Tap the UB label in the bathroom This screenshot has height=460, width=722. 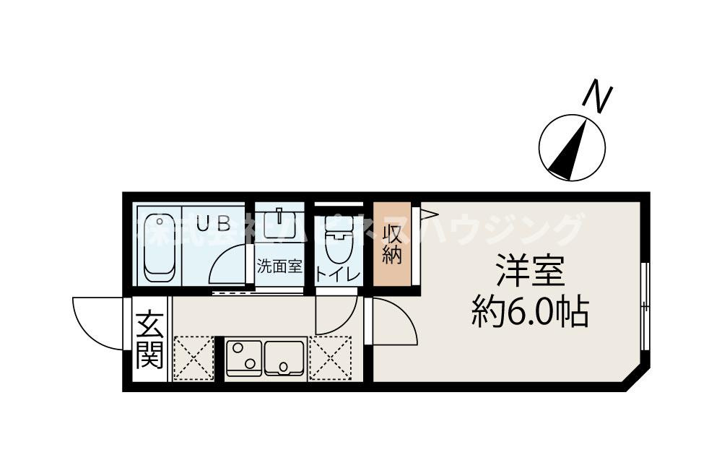214,223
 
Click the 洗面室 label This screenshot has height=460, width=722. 279,266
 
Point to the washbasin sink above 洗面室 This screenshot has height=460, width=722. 279,224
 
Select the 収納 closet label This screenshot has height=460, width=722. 392,245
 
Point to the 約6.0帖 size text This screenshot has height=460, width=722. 530,312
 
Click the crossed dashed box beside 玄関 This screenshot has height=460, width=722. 193,357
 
